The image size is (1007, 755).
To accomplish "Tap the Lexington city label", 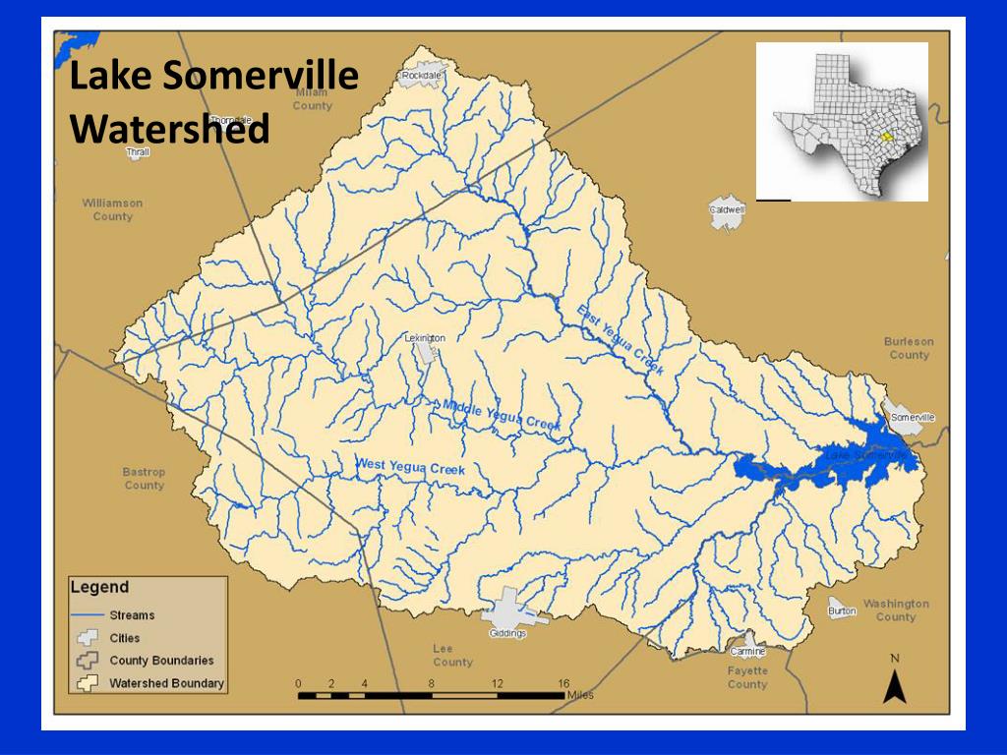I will pyautogui.click(x=425, y=338).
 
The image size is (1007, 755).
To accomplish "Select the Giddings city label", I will pyautogui.click(x=507, y=633).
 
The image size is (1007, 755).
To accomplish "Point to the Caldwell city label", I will pyautogui.click(x=728, y=209).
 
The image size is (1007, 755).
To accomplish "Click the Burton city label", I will pyautogui.click(x=842, y=610).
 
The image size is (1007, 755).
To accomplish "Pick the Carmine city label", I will pyautogui.click(x=747, y=651).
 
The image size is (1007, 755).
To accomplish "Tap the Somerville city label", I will pyautogui.click(x=912, y=418).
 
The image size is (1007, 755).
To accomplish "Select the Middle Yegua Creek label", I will pyautogui.click(x=501, y=414).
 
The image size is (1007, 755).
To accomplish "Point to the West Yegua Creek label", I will pyautogui.click(x=410, y=466).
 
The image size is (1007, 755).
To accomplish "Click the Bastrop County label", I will pyautogui.click(x=144, y=479).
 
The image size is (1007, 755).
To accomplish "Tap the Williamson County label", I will pyautogui.click(x=112, y=209).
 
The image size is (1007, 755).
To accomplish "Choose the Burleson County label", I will pyautogui.click(x=909, y=348).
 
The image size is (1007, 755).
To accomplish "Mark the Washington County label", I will pyautogui.click(x=895, y=610).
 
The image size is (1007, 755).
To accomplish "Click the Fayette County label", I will pyautogui.click(x=747, y=677).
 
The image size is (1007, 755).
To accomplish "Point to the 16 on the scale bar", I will pyautogui.click(x=563, y=683).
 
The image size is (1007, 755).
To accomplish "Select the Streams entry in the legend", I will pyautogui.click(x=132, y=615).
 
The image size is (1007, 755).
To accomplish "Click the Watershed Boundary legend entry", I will pyautogui.click(x=166, y=682).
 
